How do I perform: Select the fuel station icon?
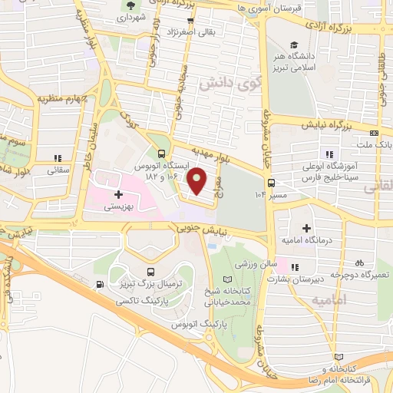coord(101,285)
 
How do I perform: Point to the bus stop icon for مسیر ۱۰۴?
coord(271,183)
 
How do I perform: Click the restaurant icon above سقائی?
coord(58,159)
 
